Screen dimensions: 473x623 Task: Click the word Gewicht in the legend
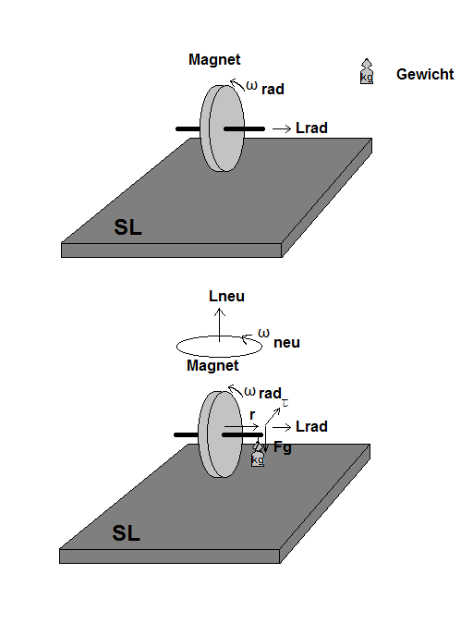coord(425,74)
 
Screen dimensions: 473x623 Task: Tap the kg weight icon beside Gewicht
coord(367,71)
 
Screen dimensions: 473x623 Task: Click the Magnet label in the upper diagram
coord(214,59)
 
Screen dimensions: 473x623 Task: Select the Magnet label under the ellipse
coord(212,365)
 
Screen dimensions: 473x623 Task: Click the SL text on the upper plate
coord(127,227)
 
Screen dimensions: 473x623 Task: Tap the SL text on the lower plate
coord(127,533)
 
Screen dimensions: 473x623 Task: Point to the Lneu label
coord(226,296)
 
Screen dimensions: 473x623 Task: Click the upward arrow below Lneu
coord(220,324)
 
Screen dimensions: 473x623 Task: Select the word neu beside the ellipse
coord(286,343)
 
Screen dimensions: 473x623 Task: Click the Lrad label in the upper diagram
coord(311,128)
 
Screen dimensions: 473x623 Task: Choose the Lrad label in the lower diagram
coord(311,426)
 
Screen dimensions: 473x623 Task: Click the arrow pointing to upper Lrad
coord(282,128)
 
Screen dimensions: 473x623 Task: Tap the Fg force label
coord(283,447)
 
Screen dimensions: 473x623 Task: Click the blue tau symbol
coord(285,404)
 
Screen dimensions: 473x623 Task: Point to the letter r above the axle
coord(252,415)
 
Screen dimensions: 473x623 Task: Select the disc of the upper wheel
coord(222,128)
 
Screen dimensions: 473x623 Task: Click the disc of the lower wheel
coord(220,434)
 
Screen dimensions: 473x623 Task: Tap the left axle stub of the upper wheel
coord(188,128)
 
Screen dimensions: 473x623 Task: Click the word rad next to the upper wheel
coord(273,89)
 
